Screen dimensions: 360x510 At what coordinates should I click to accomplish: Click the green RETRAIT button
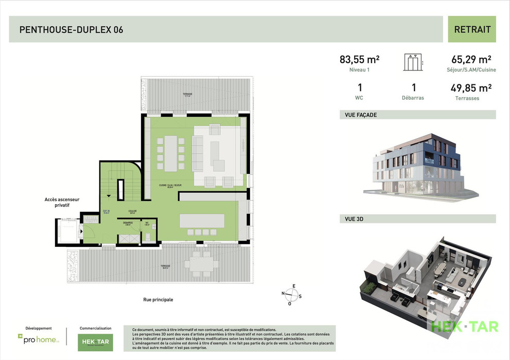[x=472, y=29]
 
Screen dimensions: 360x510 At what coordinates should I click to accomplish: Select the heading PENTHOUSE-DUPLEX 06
[x=71, y=30]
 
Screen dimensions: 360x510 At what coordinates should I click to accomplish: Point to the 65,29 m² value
[x=471, y=59]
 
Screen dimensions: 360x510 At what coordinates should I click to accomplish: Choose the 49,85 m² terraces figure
[x=470, y=88]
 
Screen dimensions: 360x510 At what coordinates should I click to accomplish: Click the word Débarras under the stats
[x=413, y=98]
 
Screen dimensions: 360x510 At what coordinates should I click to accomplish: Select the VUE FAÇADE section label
[x=358, y=115]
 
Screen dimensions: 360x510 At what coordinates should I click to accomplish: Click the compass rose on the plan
[x=292, y=295]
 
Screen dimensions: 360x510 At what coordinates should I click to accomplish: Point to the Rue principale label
[x=158, y=299]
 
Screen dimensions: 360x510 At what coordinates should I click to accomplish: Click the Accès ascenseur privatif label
[x=62, y=202]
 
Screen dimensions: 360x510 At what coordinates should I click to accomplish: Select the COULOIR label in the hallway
[x=132, y=211]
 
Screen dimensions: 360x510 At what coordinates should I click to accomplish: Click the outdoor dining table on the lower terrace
[x=201, y=264]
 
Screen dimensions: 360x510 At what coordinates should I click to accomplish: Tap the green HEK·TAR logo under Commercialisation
[x=95, y=342]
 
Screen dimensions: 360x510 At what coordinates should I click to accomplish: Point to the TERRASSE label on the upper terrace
[x=187, y=94]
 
